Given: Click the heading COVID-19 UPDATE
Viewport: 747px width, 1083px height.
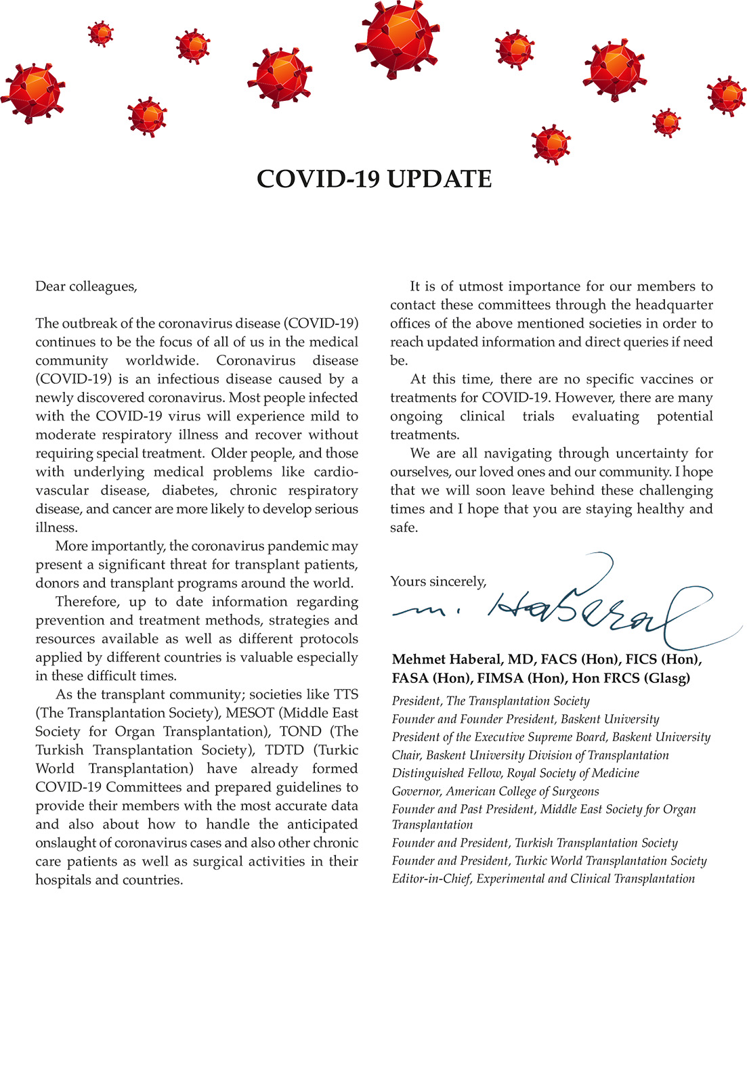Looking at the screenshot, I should click(x=374, y=179).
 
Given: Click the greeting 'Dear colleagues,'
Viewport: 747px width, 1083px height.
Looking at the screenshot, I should click(x=86, y=286).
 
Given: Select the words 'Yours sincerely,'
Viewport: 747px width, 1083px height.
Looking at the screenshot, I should click(x=438, y=581).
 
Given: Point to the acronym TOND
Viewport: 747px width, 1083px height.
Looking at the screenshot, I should click(x=300, y=732).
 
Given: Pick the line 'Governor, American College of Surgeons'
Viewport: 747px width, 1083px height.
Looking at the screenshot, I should click(x=495, y=791).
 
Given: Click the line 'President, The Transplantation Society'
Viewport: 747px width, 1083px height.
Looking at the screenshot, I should click(x=490, y=701).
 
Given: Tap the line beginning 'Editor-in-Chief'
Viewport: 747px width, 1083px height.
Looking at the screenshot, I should click(x=543, y=879).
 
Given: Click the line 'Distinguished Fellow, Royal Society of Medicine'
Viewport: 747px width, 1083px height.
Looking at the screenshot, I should click(x=515, y=773).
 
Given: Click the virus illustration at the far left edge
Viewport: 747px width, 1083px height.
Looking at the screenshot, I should click(x=32, y=92).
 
